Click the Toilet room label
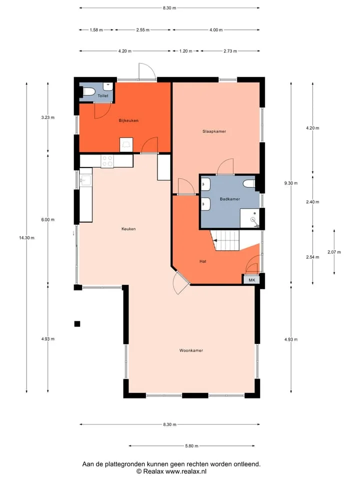tap(103, 96)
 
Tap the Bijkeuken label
tap(128, 120)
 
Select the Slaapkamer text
tap(214, 131)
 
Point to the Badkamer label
tap(230, 199)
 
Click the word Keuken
tap(128, 228)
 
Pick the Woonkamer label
tap(191, 350)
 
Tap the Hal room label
tap(202, 261)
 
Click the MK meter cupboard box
tap(251, 280)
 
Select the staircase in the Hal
tap(226, 240)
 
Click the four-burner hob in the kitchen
tap(107, 161)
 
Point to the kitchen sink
tap(86, 180)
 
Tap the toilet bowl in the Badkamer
tap(249, 183)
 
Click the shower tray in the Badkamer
tap(250, 218)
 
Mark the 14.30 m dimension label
tap(26, 237)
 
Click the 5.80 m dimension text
tap(191, 445)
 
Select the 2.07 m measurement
tap(334, 252)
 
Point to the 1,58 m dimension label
tap(96, 29)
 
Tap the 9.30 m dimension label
tap(291, 183)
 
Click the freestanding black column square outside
tap(77, 324)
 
